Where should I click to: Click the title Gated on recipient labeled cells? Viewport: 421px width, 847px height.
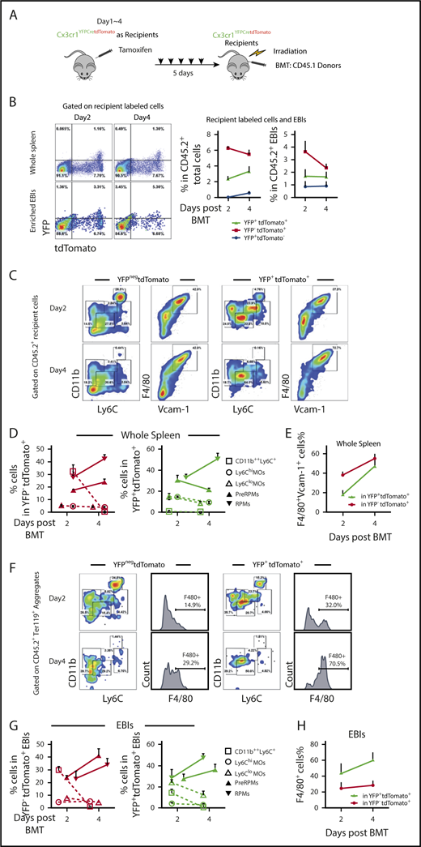tap(113, 108)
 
